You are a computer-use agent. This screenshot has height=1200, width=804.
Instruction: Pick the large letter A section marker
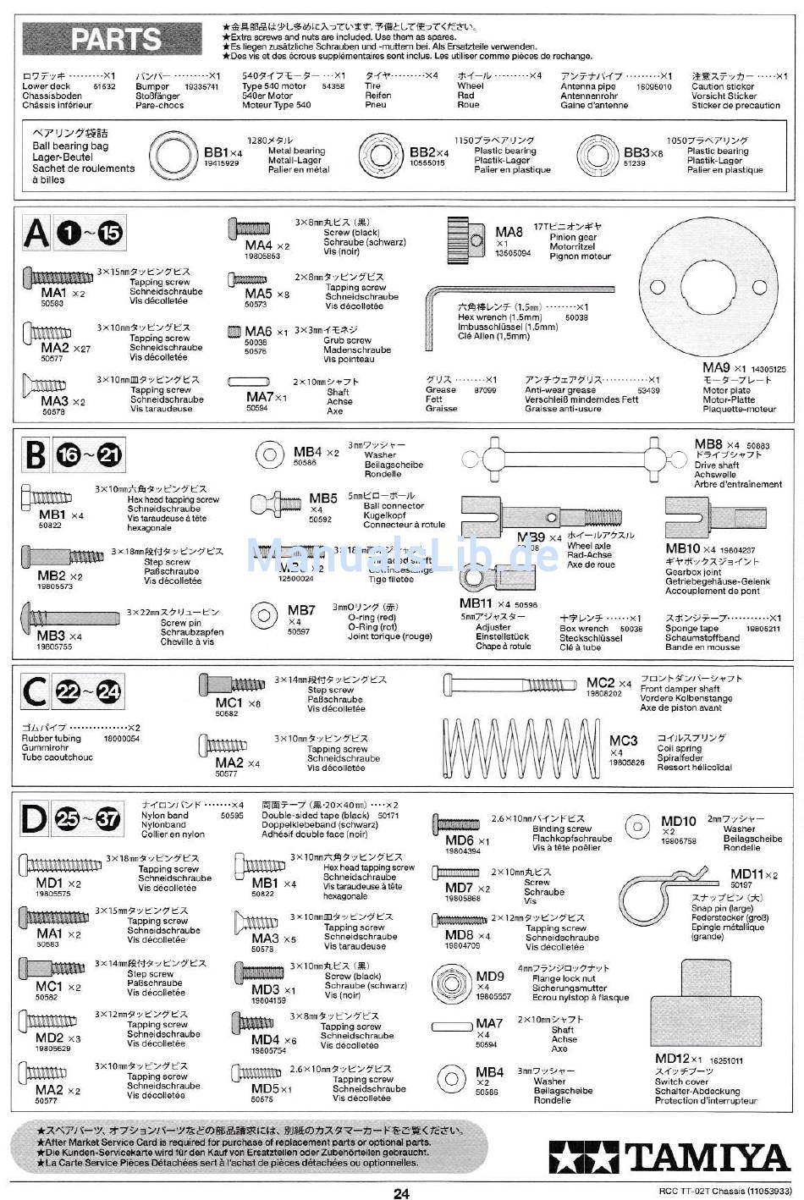[x=36, y=233]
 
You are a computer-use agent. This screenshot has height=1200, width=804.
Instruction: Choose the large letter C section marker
[x=35, y=692]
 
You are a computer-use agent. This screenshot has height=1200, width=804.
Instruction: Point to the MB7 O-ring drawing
[x=264, y=614]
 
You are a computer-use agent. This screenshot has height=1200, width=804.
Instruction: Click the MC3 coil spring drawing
[x=520, y=748]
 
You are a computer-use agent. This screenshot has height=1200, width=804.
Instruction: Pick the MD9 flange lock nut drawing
[x=450, y=983]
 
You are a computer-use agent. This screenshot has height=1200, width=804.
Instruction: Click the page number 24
[x=401, y=1193]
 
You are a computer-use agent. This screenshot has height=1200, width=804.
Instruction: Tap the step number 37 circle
[x=107, y=819]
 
